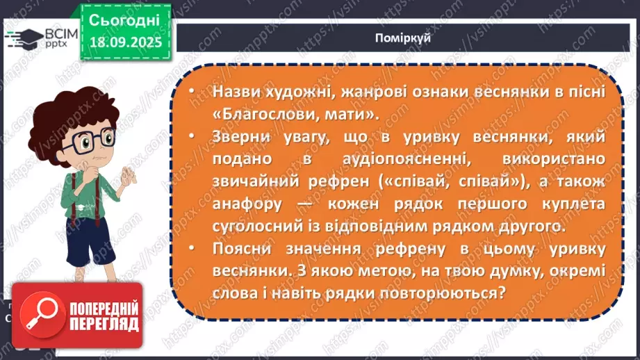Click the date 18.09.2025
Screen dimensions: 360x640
[x=125, y=41]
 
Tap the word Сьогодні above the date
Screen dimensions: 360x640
[x=125, y=19]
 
